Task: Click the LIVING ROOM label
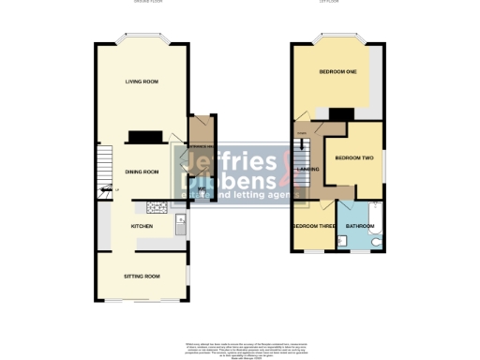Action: click(x=142, y=82)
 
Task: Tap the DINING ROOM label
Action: click(x=142, y=172)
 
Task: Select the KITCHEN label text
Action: click(x=142, y=227)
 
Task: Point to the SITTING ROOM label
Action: click(x=142, y=277)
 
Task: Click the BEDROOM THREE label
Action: click(x=312, y=227)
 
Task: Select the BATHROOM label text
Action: click(x=360, y=227)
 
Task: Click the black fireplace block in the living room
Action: click(x=145, y=138)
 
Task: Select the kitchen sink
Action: click(x=180, y=223)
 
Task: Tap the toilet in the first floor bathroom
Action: click(x=376, y=243)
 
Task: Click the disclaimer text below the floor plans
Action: click(x=240, y=349)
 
